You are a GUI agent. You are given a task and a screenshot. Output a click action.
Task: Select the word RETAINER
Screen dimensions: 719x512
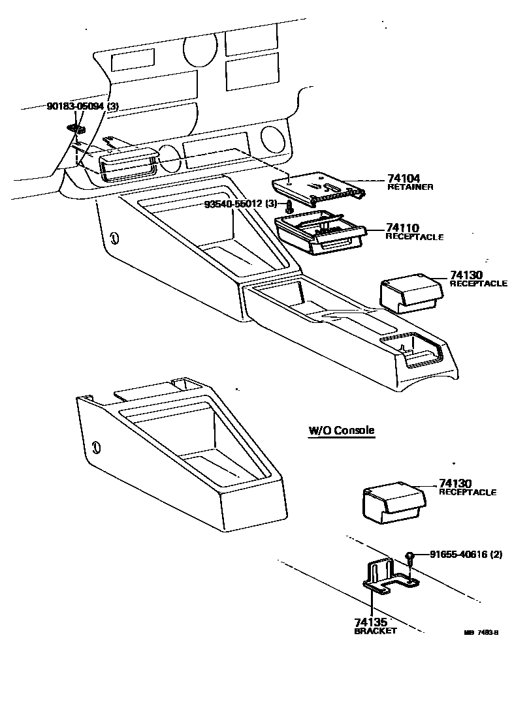click(411, 187)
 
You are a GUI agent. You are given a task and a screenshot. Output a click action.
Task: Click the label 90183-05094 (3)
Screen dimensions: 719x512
click(82, 107)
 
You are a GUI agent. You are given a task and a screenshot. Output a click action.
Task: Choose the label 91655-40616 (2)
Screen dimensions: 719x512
click(466, 555)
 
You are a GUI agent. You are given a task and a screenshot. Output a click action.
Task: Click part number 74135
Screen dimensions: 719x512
click(371, 622)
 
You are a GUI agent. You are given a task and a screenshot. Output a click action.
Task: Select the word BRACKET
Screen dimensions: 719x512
click(376, 631)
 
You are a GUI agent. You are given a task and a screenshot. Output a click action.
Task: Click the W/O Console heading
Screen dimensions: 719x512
click(342, 431)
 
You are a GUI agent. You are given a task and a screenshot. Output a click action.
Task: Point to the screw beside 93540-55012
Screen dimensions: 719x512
click(289, 208)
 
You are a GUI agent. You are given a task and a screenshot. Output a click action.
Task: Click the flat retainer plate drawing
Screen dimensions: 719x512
click(320, 186)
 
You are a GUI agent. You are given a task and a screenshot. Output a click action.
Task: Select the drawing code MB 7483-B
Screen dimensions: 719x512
click(481, 632)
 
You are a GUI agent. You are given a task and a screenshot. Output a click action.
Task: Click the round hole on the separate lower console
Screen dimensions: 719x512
click(96, 447)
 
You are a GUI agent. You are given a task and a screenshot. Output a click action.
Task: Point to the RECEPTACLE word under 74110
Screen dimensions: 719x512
click(414, 237)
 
